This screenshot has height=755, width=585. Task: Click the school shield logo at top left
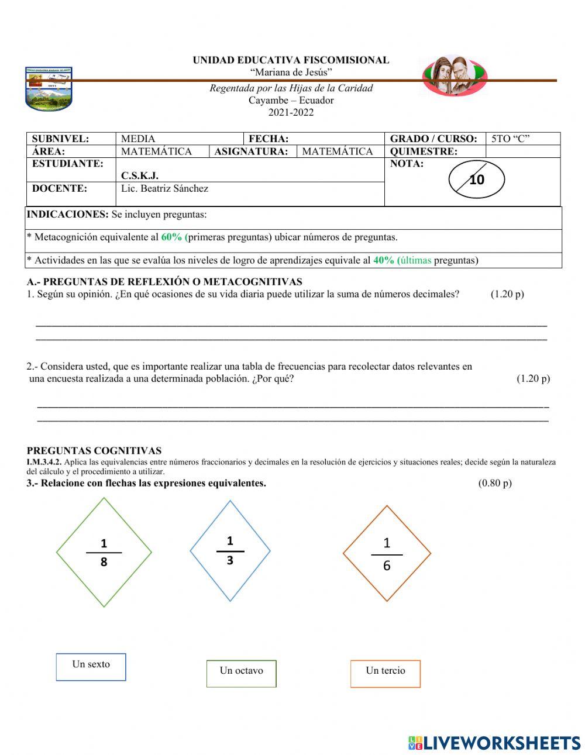point(49,88)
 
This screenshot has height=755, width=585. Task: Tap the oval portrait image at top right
point(455,75)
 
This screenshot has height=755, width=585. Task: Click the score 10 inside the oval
point(477,180)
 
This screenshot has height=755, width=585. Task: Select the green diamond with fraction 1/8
point(104,552)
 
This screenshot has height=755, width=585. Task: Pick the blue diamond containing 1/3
point(230,550)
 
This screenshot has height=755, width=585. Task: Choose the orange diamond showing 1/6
point(387,553)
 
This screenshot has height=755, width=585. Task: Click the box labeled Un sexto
point(91,667)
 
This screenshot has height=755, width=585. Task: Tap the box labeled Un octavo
point(241,673)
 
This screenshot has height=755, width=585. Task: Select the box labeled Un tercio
point(386,673)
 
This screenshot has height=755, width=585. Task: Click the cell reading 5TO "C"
point(510,139)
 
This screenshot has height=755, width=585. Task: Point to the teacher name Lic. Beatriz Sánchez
point(164,188)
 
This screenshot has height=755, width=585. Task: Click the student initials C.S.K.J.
point(140,175)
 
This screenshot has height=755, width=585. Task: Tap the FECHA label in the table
point(269,139)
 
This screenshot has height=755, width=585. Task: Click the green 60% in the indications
point(172,237)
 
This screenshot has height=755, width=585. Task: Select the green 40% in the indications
point(384,260)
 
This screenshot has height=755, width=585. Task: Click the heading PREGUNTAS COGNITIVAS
point(94,450)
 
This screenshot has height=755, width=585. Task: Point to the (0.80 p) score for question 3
point(494,483)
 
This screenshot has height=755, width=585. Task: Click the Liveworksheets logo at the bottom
point(494,743)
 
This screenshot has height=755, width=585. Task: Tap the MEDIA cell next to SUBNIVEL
point(138,139)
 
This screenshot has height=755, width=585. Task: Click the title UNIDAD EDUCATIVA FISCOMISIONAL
point(291,60)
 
